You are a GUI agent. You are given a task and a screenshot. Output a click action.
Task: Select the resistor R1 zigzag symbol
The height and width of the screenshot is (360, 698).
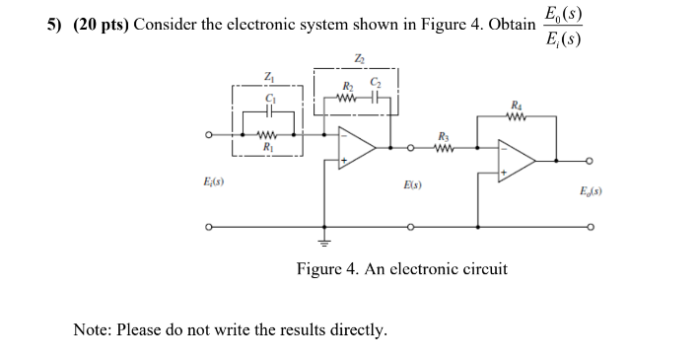coord(266,137)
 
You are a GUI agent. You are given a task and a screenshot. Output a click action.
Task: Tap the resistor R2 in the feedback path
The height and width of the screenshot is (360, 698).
coord(346,97)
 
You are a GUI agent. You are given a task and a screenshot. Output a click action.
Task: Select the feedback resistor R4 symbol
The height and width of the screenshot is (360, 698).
coord(518,114)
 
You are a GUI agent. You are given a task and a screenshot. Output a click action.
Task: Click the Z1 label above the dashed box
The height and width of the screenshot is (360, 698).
coord(267,76)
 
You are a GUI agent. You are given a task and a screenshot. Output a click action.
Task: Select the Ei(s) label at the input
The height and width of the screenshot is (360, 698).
coord(211,183)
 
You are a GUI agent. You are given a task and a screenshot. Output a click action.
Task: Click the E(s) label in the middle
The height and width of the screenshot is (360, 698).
coord(413,183)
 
